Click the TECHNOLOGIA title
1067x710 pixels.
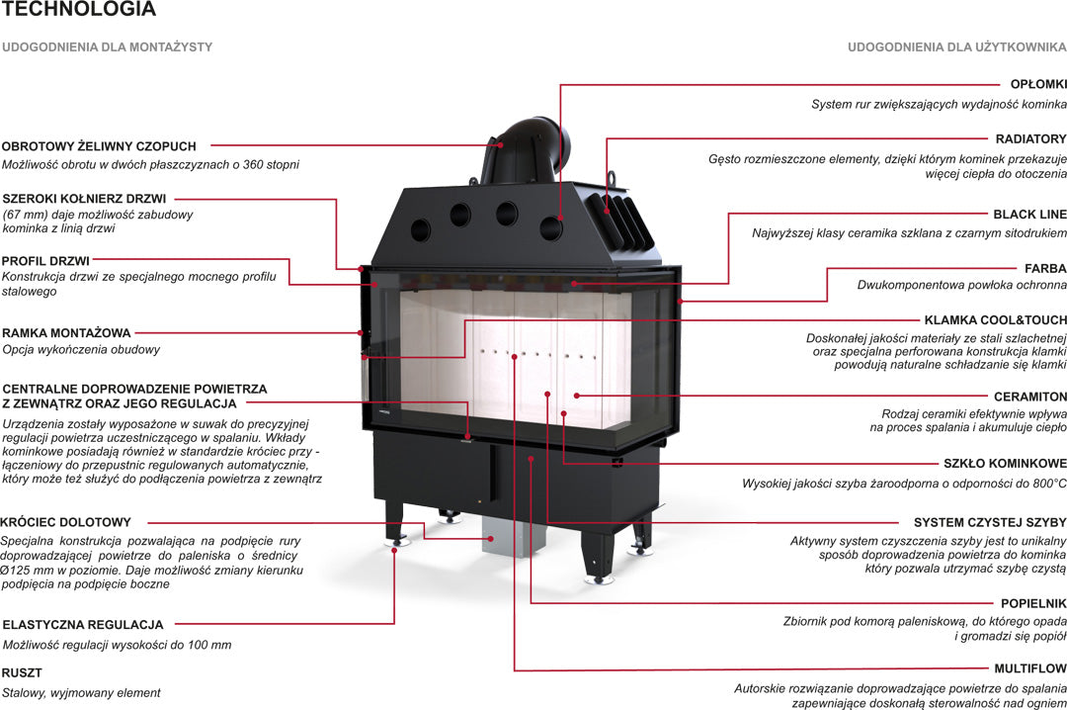coord(78,10)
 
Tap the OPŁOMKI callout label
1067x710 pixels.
coord(1037,85)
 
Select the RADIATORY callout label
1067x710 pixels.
coord(1030,139)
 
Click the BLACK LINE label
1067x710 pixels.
coord(1029,214)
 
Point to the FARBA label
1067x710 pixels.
coord(1045,268)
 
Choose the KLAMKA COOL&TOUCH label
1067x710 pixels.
coord(995,320)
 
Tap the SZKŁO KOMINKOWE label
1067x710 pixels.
coord(1005,464)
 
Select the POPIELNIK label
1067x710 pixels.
coord(1032,602)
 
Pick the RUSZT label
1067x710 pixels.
coord(22,673)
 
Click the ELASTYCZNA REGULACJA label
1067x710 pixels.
coord(83,625)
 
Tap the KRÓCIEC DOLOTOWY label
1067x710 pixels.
coord(65,522)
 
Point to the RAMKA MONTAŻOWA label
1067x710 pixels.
coord(66,333)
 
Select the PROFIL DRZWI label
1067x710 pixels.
coord(46,260)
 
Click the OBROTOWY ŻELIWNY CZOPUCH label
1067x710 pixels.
coord(99,146)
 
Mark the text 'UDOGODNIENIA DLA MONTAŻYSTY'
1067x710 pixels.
coord(107,46)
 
